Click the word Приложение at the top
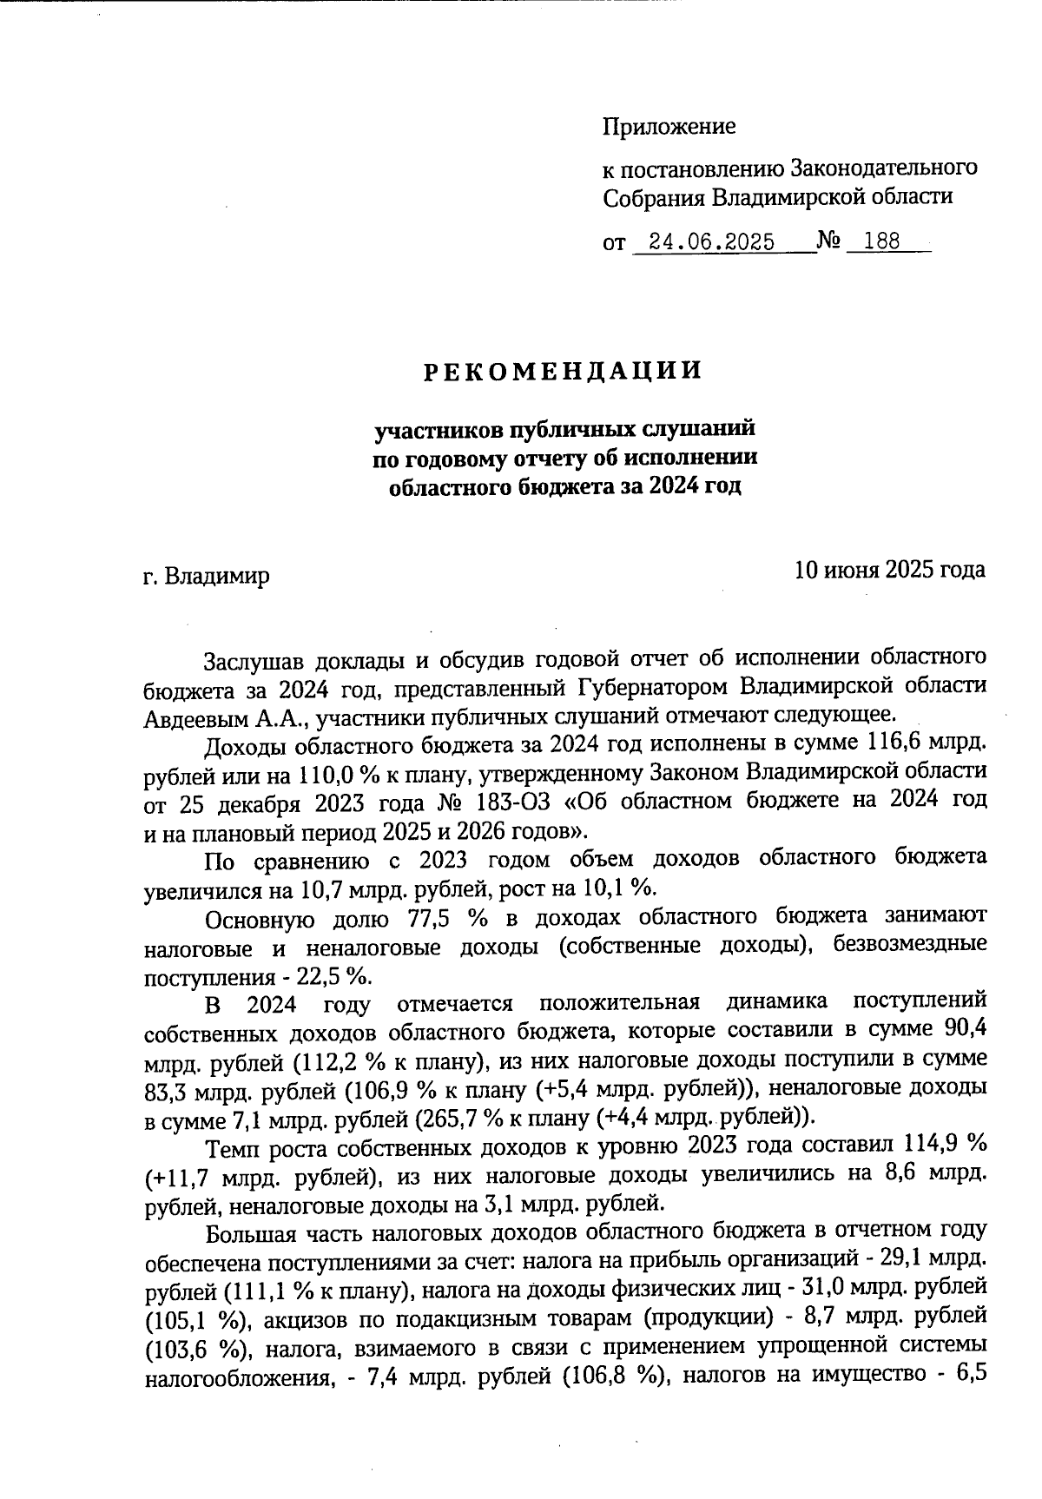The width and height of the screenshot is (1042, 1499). tap(669, 127)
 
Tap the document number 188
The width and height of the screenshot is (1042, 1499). tap(882, 242)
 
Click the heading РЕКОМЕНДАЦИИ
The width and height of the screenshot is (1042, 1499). tap(563, 371)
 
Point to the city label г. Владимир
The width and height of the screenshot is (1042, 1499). tap(206, 576)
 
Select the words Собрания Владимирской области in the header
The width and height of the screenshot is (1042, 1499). tap(778, 196)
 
